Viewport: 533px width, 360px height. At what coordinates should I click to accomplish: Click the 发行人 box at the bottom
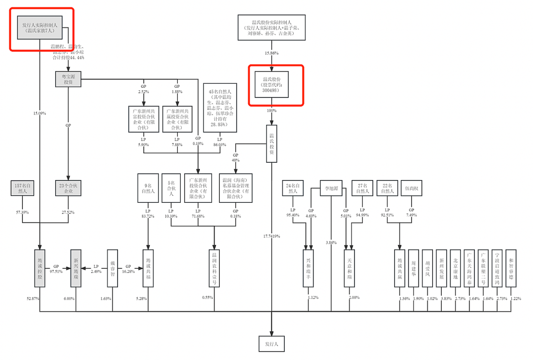tap(272, 343)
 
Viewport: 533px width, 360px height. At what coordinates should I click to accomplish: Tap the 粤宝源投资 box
tap(68, 79)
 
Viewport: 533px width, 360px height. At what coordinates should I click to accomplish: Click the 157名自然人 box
tap(22, 188)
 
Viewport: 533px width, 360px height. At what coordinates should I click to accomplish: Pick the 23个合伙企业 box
tap(68, 188)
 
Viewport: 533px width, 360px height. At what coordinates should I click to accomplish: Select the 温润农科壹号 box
tap(215, 268)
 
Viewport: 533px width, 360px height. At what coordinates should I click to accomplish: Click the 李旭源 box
tap(331, 188)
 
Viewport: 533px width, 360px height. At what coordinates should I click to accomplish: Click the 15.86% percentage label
tap(272, 53)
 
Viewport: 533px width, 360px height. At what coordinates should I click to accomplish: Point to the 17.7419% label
tap(272, 236)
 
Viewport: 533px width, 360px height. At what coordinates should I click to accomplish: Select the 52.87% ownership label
tap(33, 299)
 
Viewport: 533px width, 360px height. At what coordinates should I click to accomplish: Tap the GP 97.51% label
tap(56, 269)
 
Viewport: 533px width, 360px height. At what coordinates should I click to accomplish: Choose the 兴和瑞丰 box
tap(308, 268)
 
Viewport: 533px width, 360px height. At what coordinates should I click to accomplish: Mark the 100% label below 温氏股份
tap(272, 110)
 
